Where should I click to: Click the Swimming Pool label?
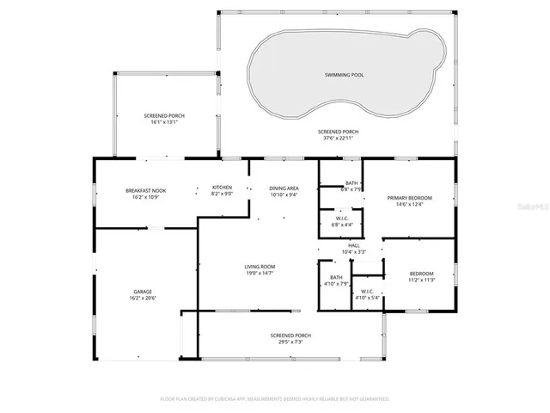[344, 75]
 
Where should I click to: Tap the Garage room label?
[143, 292]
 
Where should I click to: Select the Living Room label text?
[259, 267]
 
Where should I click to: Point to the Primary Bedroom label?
[408, 198]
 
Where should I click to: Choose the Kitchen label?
[222, 188]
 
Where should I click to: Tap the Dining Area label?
[284, 188]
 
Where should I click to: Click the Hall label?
[353, 245]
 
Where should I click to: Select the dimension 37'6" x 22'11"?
[340, 139]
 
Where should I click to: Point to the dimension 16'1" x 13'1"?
[162, 122]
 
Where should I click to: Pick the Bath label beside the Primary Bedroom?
[351, 182]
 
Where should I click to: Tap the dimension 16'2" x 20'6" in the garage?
[143, 298]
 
